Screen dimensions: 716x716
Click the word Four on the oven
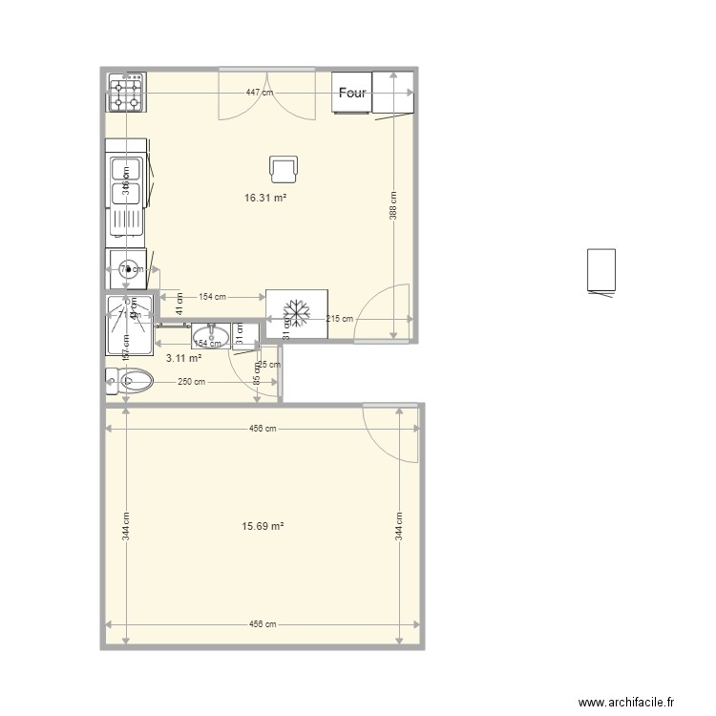tap(352, 93)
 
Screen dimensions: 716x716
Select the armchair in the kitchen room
tap(284, 169)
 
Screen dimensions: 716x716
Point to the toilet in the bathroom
tap(131, 381)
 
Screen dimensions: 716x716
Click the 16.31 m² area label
tap(266, 199)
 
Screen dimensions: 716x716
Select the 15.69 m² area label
tap(264, 525)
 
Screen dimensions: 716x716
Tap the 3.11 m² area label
tap(183, 358)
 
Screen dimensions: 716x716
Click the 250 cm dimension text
tap(192, 382)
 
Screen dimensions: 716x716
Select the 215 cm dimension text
tap(339, 319)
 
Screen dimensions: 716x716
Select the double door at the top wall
tap(266, 94)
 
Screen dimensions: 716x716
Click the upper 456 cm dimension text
tap(263, 429)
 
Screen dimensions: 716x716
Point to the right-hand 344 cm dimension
tap(400, 525)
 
